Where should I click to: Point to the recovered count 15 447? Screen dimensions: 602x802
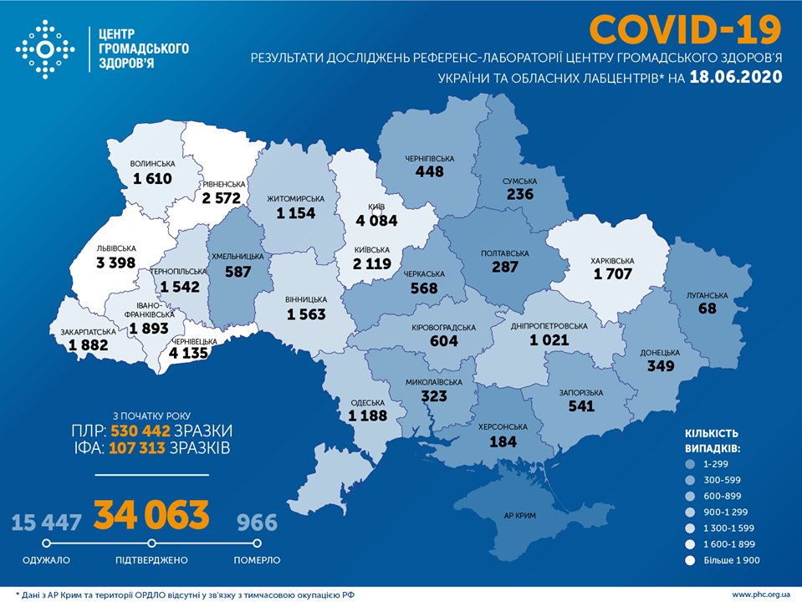point(47,523)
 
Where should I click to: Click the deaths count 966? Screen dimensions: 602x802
point(256,523)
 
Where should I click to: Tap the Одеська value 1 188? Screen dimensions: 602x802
point(369,416)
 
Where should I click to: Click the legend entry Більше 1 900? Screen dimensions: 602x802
point(732,559)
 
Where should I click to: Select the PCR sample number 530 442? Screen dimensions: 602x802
point(140,431)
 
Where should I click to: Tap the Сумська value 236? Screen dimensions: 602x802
point(519,194)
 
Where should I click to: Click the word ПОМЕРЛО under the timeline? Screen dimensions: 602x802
point(257,560)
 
